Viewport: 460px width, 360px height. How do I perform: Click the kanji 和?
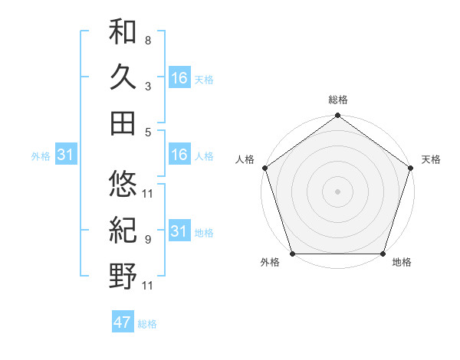pos(123,33)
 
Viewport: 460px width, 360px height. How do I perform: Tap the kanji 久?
pos(123,77)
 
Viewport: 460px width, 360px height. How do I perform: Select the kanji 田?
pos(123,122)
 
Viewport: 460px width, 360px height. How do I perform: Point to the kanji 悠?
pos(123,184)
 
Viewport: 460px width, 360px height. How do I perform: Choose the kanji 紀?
pos(123,229)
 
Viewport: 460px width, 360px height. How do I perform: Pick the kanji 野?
pos(123,274)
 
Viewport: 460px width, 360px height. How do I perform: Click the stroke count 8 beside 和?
pos(147,40)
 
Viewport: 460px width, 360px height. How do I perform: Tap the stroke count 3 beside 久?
pos(147,86)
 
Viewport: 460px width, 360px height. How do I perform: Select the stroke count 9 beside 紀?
pos(147,239)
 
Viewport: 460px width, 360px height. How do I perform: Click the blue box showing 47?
pos(123,322)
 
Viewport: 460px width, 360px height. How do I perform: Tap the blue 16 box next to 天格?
pos(179,77)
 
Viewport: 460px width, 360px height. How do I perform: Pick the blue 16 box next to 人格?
pos(179,155)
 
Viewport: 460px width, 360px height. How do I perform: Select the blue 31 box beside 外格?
pos(65,155)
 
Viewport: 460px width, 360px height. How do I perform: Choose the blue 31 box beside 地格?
pos(179,231)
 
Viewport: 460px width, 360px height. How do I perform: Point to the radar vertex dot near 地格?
pos(383,254)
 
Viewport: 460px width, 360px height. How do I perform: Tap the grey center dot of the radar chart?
pos(337,191)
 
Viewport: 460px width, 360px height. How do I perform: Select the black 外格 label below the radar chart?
pos(270,263)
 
